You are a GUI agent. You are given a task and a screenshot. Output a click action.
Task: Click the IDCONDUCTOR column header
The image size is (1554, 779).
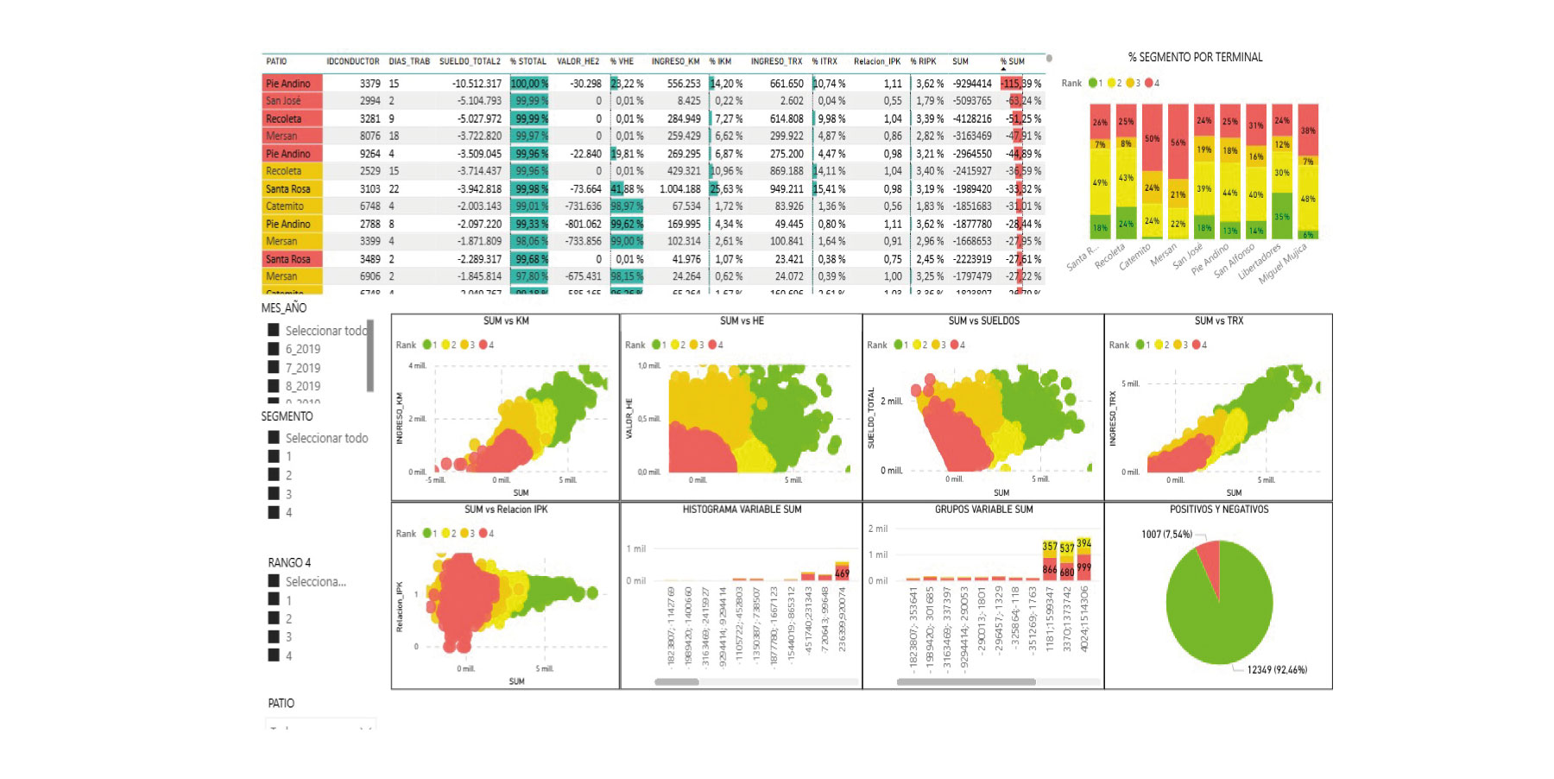(352, 61)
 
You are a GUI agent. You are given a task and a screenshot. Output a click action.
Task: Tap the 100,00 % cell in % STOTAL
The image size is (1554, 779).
(529, 84)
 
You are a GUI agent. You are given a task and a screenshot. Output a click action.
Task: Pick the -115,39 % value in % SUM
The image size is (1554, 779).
(1021, 84)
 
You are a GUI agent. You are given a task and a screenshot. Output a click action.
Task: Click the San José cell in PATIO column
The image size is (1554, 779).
(283, 101)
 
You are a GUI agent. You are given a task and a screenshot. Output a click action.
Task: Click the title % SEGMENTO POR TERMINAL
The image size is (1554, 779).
(1195, 57)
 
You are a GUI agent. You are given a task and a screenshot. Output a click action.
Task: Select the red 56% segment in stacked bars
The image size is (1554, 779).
(1178, 142)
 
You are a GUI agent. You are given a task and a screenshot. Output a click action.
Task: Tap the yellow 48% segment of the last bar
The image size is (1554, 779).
(1308, 199)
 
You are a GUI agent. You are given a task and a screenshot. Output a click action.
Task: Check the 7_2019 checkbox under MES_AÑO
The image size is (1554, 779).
(274, 368)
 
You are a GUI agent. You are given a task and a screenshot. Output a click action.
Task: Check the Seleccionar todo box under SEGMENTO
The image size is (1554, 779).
(274, 438)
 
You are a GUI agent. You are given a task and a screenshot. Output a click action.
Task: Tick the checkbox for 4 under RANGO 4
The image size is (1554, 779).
(274, 655)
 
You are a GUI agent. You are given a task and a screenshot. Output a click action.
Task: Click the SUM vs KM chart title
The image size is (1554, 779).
(506, 321)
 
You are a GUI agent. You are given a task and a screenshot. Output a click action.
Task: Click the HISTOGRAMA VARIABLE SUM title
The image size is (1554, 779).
(742, 510)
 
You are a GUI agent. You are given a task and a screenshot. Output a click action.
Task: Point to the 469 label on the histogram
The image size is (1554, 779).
(842, 573)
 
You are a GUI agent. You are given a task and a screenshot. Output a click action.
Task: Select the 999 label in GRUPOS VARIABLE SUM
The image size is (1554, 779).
(1083, 567)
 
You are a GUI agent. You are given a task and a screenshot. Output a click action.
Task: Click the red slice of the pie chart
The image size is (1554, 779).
(1208, 561)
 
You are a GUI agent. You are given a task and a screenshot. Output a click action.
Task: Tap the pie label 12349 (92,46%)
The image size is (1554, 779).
(1276, 669)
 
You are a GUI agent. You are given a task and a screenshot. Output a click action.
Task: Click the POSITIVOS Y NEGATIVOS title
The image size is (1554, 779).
(1218, 510)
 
